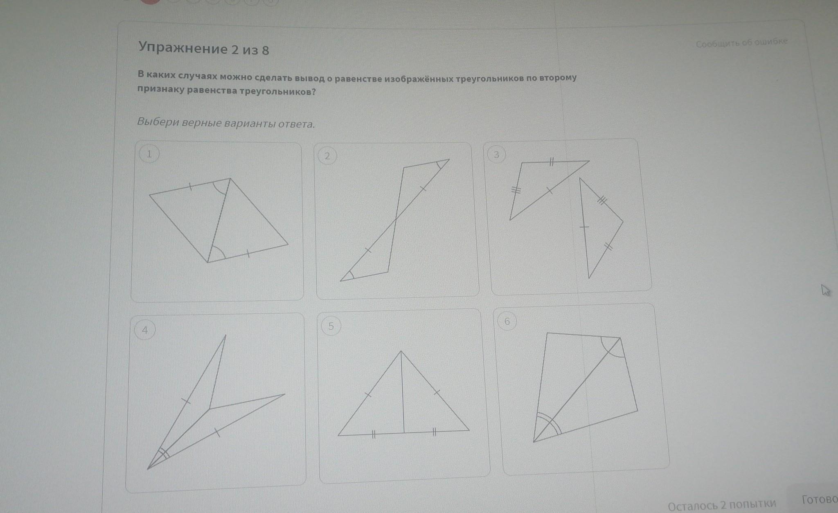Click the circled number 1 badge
click(149, 154)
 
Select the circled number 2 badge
click(327, 156)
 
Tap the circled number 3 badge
click(496, 155)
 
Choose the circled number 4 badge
click(145, 330)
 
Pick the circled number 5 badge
click(331, 326)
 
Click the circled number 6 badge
click(507, 322)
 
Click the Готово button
click(820, 500)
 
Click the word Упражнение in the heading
click(183, 48)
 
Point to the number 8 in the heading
click(265, 51)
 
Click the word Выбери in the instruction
click(157, 122)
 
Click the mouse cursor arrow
click(825, 290)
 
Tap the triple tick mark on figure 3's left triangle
click(516, 190)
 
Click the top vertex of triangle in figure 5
click(401, 351)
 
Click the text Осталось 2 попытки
click(722, 505)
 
